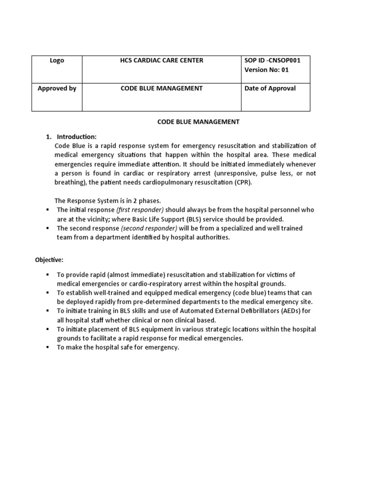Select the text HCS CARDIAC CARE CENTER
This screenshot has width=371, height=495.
161,61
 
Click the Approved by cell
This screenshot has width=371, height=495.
57,89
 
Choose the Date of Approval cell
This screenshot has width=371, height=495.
271,89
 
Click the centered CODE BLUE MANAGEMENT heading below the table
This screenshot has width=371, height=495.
198,122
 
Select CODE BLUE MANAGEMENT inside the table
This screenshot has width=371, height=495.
161,89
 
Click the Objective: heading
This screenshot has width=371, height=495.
49,260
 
